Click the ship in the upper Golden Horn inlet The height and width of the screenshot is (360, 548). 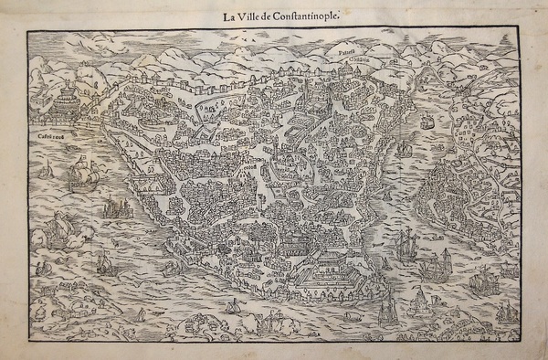[x=427, y=122]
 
